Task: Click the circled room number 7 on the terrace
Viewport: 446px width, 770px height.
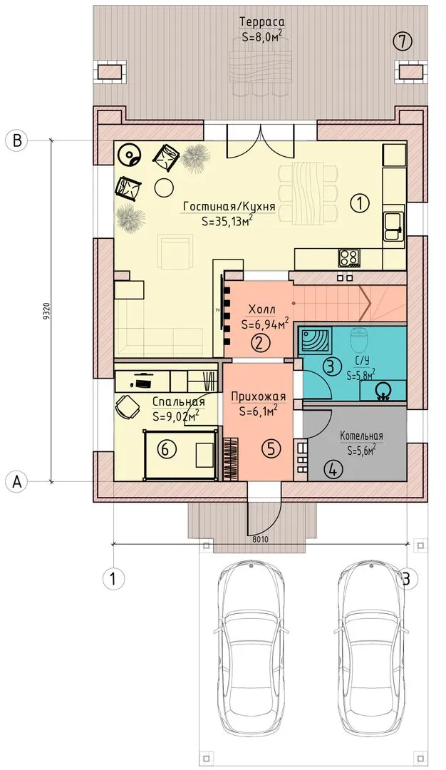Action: pos(403,42)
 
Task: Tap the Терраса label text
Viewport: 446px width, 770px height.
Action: pos(262,21)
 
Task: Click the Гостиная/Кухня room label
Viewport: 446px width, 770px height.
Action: pos(229,207)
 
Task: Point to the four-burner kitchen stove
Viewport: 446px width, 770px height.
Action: pos(349,257)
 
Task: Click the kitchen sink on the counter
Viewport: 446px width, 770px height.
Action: pos(393,226)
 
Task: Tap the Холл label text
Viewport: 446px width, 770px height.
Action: pos(261,310)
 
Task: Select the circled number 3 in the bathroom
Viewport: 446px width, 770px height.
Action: pos(331,365)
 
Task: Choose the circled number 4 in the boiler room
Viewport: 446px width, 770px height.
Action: pos(333,470)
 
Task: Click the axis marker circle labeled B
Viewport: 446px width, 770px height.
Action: pos(17,140)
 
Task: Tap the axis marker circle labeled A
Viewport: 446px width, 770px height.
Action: pos(17,482)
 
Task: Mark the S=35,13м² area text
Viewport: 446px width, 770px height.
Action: pos(227,220)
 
